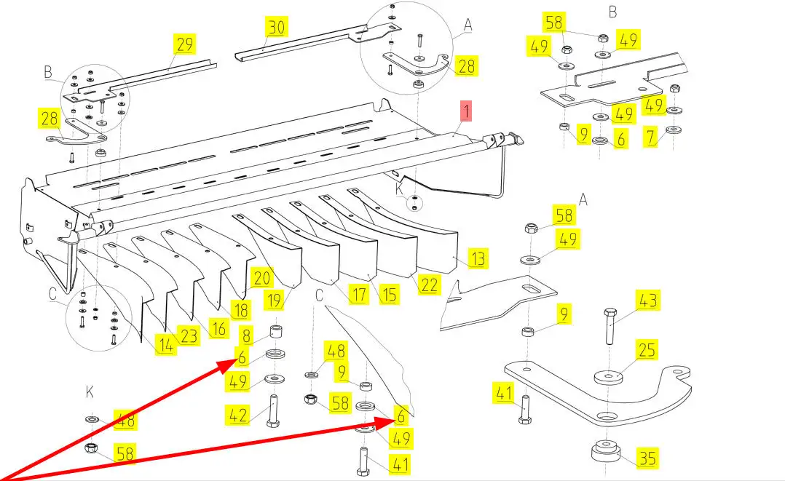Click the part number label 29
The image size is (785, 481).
[184, 44]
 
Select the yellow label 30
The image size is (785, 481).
[277, 28]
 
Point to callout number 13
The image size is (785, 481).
[478, 258]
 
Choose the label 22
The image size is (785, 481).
[430, 284]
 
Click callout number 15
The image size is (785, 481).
[389, 295]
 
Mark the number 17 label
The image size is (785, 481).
[358, 295]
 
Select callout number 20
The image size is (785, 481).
[261, 277]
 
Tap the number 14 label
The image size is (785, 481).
[166, 346]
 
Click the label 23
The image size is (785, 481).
[189, 336]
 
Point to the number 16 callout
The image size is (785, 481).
[218, 328]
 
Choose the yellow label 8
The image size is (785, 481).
[247, 336]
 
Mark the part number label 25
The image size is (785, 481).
[647, 351]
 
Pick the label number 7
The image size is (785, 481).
[649, 135]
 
